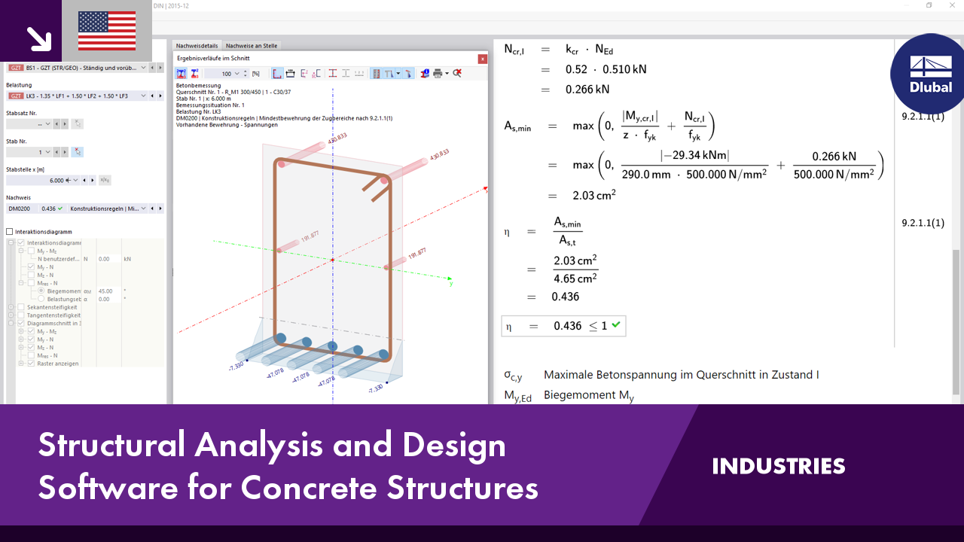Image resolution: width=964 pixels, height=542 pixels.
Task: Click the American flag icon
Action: [107, 31]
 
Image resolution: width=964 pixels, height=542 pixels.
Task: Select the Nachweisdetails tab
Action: [197, 46]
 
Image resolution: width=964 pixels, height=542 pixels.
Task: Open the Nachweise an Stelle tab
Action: [252, 46]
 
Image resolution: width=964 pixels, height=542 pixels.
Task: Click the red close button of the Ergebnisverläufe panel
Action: [482, 58]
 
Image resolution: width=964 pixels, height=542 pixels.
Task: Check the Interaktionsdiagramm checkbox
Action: [10, 232]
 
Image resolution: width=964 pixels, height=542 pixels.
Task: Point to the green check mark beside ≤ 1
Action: [616, 325]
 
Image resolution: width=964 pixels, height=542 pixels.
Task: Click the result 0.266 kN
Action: [587, 89]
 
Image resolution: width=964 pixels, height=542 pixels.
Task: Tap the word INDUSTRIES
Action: [779, 466]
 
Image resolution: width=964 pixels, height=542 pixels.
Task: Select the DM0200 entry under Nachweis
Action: [20, 209]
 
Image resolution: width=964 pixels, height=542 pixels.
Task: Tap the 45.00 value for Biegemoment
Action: [105, 291]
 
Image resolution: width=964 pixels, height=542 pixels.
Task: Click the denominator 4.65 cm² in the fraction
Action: [575, 278]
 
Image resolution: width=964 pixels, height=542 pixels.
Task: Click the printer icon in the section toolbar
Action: [438, 73]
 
